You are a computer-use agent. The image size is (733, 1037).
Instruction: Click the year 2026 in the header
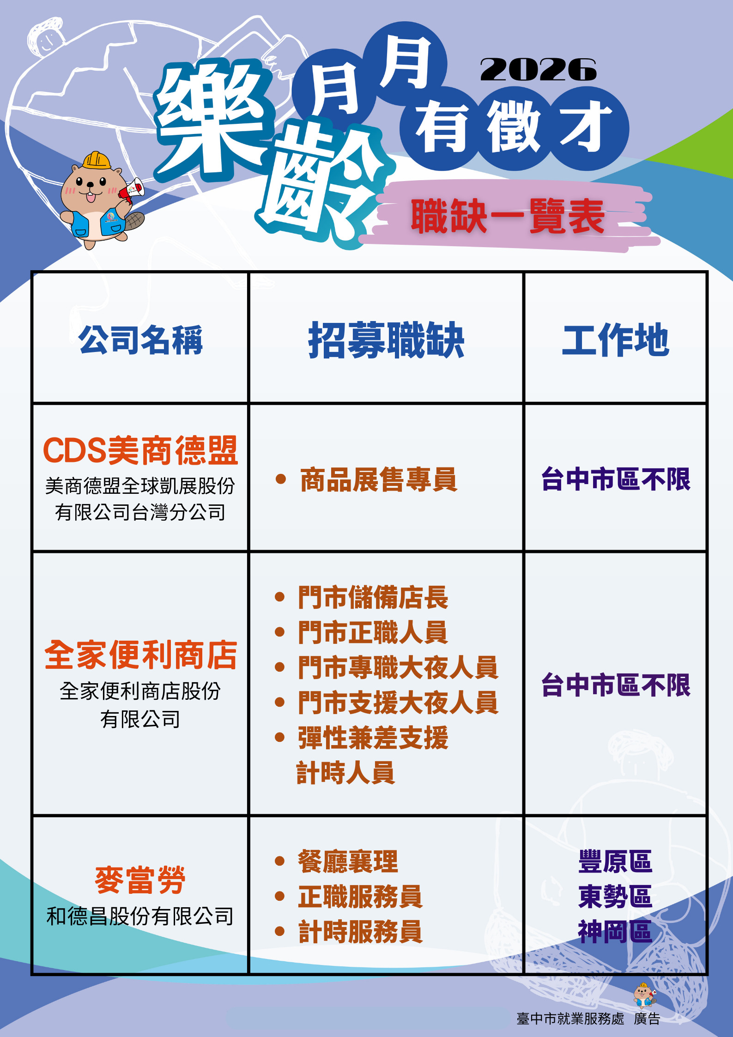(539, 70)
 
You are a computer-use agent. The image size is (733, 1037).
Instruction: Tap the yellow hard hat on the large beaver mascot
(97, 160)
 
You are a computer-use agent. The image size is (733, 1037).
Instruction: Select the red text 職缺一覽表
(508, 216)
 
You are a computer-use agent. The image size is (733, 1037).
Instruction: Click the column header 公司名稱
(140, 340)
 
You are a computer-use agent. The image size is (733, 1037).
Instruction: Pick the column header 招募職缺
(386, 340)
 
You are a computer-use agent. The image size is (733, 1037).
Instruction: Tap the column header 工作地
(615, 340)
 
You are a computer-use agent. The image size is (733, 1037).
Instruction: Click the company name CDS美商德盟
(140, 450)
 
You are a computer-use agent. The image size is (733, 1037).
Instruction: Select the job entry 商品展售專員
(378, 479)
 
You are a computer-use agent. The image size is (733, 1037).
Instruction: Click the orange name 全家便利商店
(140, 655)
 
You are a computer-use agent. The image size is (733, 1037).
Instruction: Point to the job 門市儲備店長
(373, 597)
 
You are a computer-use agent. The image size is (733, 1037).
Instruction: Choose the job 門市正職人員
(373, 632)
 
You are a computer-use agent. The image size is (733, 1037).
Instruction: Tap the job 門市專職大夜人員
(398, 667)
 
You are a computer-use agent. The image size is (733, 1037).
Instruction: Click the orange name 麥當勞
(140, 880)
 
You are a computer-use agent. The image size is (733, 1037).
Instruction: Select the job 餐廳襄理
(348, 861)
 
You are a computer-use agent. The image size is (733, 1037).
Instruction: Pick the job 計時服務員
(360, 931)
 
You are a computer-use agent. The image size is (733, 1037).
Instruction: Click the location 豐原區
(615, 861)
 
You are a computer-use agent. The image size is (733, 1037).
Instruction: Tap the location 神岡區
(615, 931)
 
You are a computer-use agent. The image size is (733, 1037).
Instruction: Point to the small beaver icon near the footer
(645, 995)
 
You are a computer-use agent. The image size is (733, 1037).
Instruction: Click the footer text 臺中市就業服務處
(570, 1019)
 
